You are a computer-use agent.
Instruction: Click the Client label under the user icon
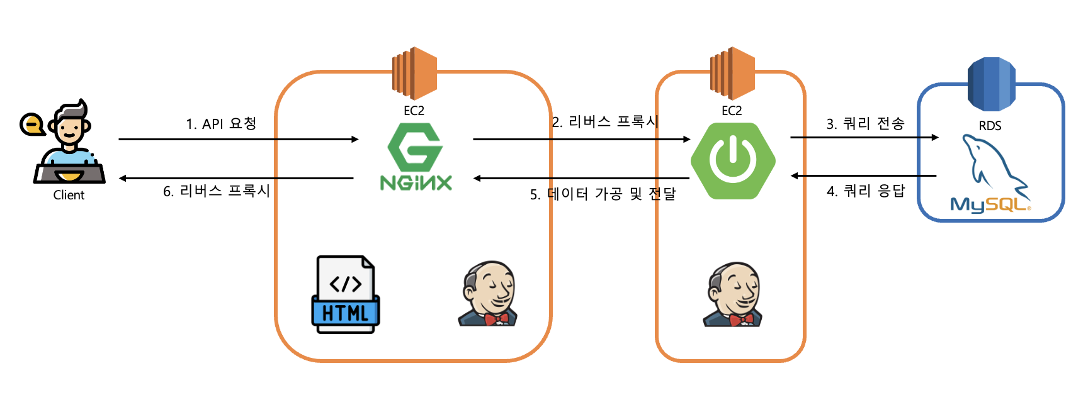tap(69, 195)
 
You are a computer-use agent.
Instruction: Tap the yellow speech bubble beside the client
tap(31, 125)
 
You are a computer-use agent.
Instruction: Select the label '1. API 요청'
tap(221, 123)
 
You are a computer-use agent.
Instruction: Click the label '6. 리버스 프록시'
tap(216, 191)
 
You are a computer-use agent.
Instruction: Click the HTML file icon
tap(346, 294)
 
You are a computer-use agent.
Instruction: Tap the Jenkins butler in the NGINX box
tap(488, 294)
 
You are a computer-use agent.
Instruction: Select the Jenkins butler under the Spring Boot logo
tap(733, 294)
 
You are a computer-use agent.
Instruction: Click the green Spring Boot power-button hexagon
tap(733, 160)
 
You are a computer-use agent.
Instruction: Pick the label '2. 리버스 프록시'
tap(605, 121)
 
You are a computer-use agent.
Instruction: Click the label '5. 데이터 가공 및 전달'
tap(603, 194)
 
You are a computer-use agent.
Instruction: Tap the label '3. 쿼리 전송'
tap(865, 124)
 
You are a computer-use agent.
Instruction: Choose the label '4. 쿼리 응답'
tap(865, 191)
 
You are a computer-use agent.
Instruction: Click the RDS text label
tap(990, 126)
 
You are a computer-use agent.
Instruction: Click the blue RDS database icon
tap(991, 84)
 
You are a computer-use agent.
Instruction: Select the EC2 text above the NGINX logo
tap(414, 111)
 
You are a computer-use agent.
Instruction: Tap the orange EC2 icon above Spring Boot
tap(732, 73)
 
